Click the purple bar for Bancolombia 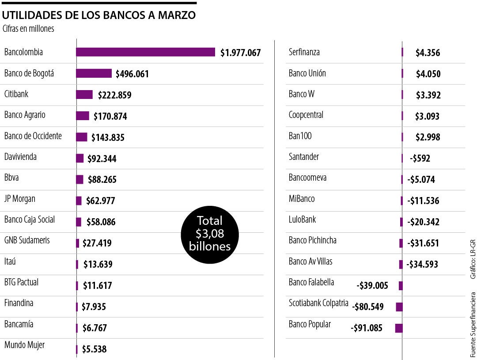(x=145, y=52)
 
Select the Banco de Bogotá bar (x=94, y=73)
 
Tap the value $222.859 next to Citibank (x=114, y=95)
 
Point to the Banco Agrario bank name (x=25, y=115)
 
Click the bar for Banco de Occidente (x=82, y=137)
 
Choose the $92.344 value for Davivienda (x=102, y=159)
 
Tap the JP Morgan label (x=20, y=199)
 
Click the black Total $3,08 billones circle (x=210, y=234)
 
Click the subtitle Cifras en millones (x=28, y=29)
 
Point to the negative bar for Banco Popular (x=398, y=328)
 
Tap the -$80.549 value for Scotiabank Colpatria (x=368, y=307)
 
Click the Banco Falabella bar (x=401, y=286)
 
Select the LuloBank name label (x=302, y=220)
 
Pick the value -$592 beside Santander (x=420, y=158)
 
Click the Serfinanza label (x=304, y=52)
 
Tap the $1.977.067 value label (x=241, y=53)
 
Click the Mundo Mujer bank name (x=24, y=345)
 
